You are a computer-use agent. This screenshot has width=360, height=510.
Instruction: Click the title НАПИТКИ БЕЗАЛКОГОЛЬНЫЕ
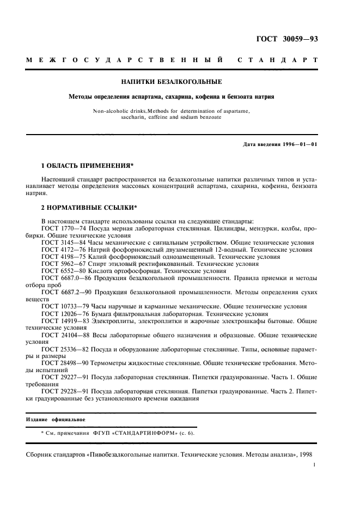[x=170, y=82]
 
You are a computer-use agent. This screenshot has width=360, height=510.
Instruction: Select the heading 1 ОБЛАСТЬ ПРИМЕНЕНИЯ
[x=88, y=165]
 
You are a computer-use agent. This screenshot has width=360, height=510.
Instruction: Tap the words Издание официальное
[x=56, y=420]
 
